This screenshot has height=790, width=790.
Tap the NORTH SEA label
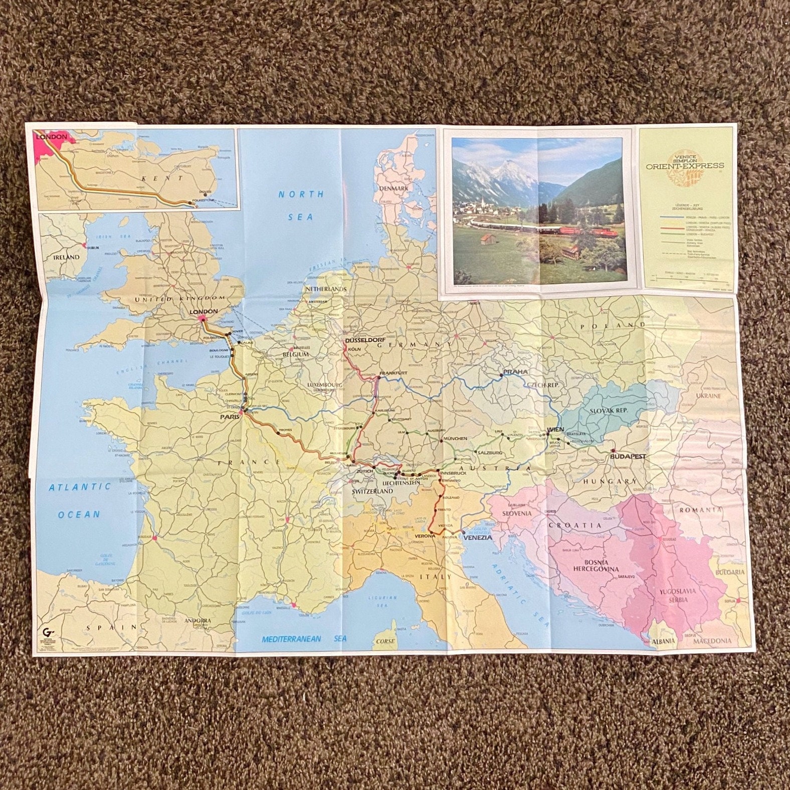click(301, 205)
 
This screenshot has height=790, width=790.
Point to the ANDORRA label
click(197, 621)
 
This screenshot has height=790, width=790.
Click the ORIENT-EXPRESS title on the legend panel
click(688, 165)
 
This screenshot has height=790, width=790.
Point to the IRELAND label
click(67, 257)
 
